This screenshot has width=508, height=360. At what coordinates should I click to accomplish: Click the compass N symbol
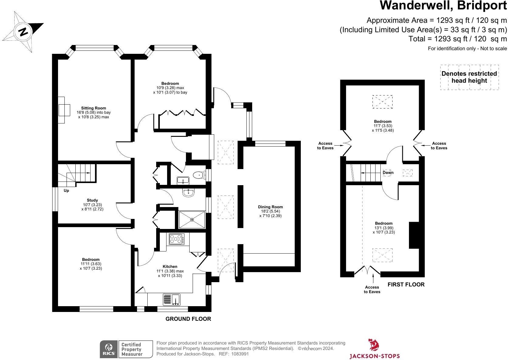tap(23, 32)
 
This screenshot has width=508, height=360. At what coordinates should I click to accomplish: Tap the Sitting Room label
tap(94, 108)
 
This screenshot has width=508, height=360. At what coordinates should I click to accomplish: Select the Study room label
tap(92, 200)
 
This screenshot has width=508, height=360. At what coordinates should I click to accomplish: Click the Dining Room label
tap(270, 207)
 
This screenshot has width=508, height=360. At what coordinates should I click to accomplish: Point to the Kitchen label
tap(170, 266)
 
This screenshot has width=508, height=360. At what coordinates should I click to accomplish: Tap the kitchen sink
tap(172, 299)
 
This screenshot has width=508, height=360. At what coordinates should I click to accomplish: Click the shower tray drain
tap(192, 220)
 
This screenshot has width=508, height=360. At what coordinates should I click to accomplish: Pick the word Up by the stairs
tap(66, 190)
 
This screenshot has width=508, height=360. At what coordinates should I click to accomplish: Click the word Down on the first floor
tap(388, 172)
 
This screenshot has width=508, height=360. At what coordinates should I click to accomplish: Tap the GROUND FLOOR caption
tap(188, 319)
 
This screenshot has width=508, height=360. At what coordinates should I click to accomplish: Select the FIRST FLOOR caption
tap(406, 284)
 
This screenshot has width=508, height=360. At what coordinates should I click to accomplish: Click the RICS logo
tap(109, 349)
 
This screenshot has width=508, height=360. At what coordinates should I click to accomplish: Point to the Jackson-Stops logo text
tap(375, 356)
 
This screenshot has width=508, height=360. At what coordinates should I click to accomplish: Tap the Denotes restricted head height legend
tap(469, 77)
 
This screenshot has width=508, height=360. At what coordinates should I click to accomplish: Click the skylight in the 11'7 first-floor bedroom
tap(382, 102)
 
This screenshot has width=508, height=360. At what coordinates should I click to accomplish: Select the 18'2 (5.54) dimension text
tap(270, 211)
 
